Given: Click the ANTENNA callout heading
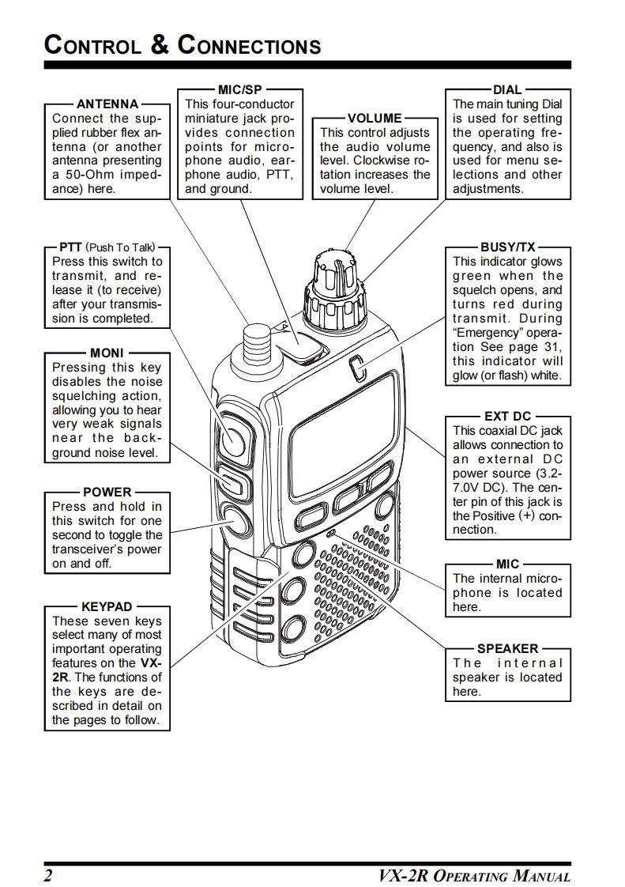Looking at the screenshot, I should click(107, 104).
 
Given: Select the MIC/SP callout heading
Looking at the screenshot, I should click(239, 89).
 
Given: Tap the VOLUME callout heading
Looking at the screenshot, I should click(375, 119).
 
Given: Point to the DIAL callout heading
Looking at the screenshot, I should click(507, 89).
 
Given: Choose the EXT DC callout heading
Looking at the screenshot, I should click(507, 417).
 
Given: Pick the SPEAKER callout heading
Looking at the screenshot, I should click(507, 649).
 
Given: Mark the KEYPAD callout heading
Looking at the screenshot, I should click(107, 607).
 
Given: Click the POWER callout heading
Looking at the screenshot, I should click(107, 492).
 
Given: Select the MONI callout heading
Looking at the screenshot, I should click(107, 353).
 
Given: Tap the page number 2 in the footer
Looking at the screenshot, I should click(49, 876).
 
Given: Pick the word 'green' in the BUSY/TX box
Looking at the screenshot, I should click(472, 276).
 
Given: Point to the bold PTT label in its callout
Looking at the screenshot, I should click(71, 247).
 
